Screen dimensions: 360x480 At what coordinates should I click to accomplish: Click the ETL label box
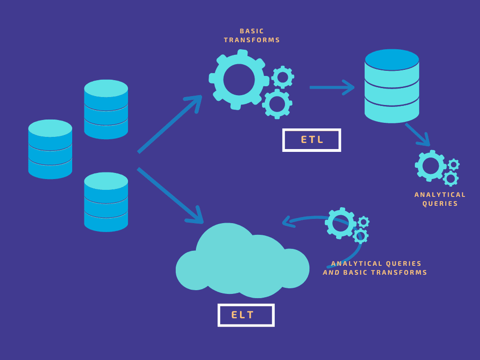[x=311, y=140]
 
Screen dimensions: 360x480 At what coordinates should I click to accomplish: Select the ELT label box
[x=246, y=315]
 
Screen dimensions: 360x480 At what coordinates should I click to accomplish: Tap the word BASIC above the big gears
[x=252, y=31]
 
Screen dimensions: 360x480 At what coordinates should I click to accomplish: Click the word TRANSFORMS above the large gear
[x=252, y=40]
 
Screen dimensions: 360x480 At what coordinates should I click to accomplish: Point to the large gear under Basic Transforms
[x=239, y=80]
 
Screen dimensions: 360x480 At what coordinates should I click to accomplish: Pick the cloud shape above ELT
[x=242, y=262]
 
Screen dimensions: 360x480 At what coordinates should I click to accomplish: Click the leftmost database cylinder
[x=50, y=149]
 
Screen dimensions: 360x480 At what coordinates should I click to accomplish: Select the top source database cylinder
[x=106, y=109]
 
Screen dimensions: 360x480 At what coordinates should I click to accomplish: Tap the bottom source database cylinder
[x=106, y=202]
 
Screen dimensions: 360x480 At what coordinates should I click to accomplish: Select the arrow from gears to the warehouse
[x=331, y=87]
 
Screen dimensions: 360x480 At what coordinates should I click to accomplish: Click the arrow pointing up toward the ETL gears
[x=170, y=124]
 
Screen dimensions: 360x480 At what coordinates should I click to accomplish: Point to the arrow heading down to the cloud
[x=170, y=195]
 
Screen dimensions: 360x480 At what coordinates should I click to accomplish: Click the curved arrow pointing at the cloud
[x=305, y=219]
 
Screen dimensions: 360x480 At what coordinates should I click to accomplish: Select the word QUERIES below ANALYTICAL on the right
[x=440, y=204]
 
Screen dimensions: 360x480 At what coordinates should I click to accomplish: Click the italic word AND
[x=331, y=273]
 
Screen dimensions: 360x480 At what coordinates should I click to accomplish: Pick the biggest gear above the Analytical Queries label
[x=430, y=165]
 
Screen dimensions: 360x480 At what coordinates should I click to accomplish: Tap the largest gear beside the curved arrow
[x=340, y=223]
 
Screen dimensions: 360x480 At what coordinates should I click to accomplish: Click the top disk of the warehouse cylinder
[x=392, y=60]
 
